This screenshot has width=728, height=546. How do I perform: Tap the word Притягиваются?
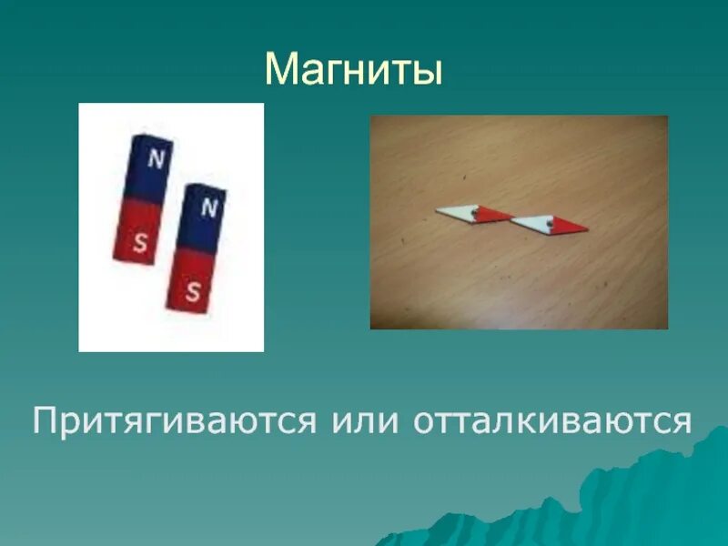pyautogui.click(x=173, y=421)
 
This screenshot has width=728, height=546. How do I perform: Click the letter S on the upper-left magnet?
pyautogui.click(x=139, y=241)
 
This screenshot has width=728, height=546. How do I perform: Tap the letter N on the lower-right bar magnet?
pyautogui.click(x=209, y=208)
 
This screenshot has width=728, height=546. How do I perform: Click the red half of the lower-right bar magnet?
pyautogui.click(x=189, y=280)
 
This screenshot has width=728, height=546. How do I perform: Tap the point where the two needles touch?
pyautogui.click(x=513, y=219)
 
